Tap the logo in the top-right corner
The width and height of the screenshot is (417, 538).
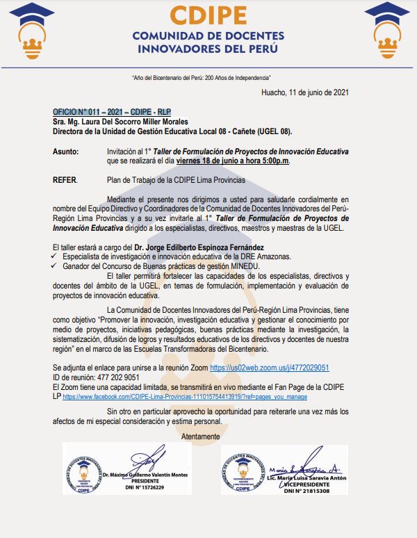pyautogui.click(x=386, y=31)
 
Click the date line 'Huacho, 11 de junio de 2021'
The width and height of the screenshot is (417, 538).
pyautogui.click(x=305, y=92)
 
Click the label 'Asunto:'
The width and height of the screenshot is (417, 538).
pyautogui.click(x=66, y=152)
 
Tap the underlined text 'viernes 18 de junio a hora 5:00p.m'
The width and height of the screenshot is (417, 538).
pyautogui.click(x=232, y=161)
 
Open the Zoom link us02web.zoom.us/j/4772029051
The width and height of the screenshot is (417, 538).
pyautogui.click(x=269, y=368)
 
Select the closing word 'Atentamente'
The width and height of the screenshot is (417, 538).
pyautogui.click(x=200, y=437)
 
